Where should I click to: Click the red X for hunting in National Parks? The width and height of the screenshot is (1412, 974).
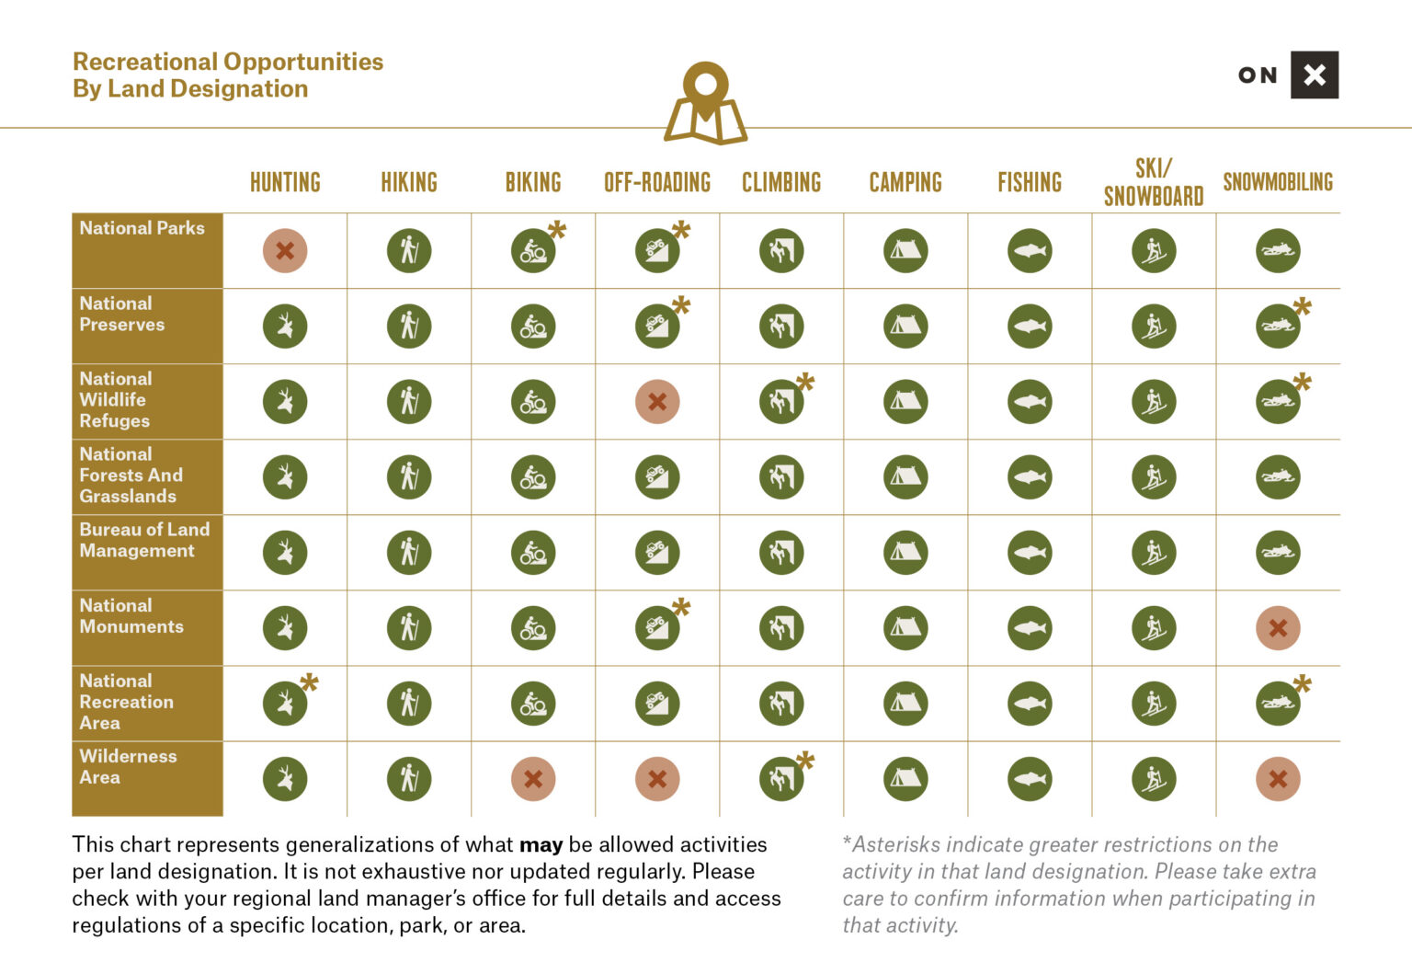click(285, 250)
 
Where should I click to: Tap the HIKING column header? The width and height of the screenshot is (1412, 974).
click(409, 182)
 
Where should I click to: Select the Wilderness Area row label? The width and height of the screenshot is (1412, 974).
click(128, 766)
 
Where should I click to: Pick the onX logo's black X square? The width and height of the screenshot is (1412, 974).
click(1315, 74)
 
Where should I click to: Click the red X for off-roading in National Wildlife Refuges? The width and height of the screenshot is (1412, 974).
click(657, 401)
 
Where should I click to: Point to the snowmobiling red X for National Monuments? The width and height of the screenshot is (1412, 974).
click(1278, 628)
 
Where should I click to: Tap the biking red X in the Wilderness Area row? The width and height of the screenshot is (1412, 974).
click(533, 779)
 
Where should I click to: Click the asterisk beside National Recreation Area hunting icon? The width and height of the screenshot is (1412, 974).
click(310, 682)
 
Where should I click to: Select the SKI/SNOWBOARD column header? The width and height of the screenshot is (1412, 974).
click(1153, 182)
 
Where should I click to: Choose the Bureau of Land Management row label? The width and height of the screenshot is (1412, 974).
click(144, 540)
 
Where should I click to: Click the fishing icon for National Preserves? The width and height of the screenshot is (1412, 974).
click(1030, 326)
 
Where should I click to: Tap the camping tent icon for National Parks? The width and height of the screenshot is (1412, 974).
click(905, 250)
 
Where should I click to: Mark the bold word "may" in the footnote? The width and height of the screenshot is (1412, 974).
click(541, 844)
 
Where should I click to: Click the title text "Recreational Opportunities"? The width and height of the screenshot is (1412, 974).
click(228, 62)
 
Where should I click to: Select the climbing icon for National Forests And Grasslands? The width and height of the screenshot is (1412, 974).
click(781, 477)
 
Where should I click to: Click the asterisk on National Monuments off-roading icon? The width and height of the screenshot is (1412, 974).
click(681, 607)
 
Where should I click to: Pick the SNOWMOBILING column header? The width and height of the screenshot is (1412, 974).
click(1278, 182)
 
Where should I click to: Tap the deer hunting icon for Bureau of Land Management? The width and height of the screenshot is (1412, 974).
click(285, 553)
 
